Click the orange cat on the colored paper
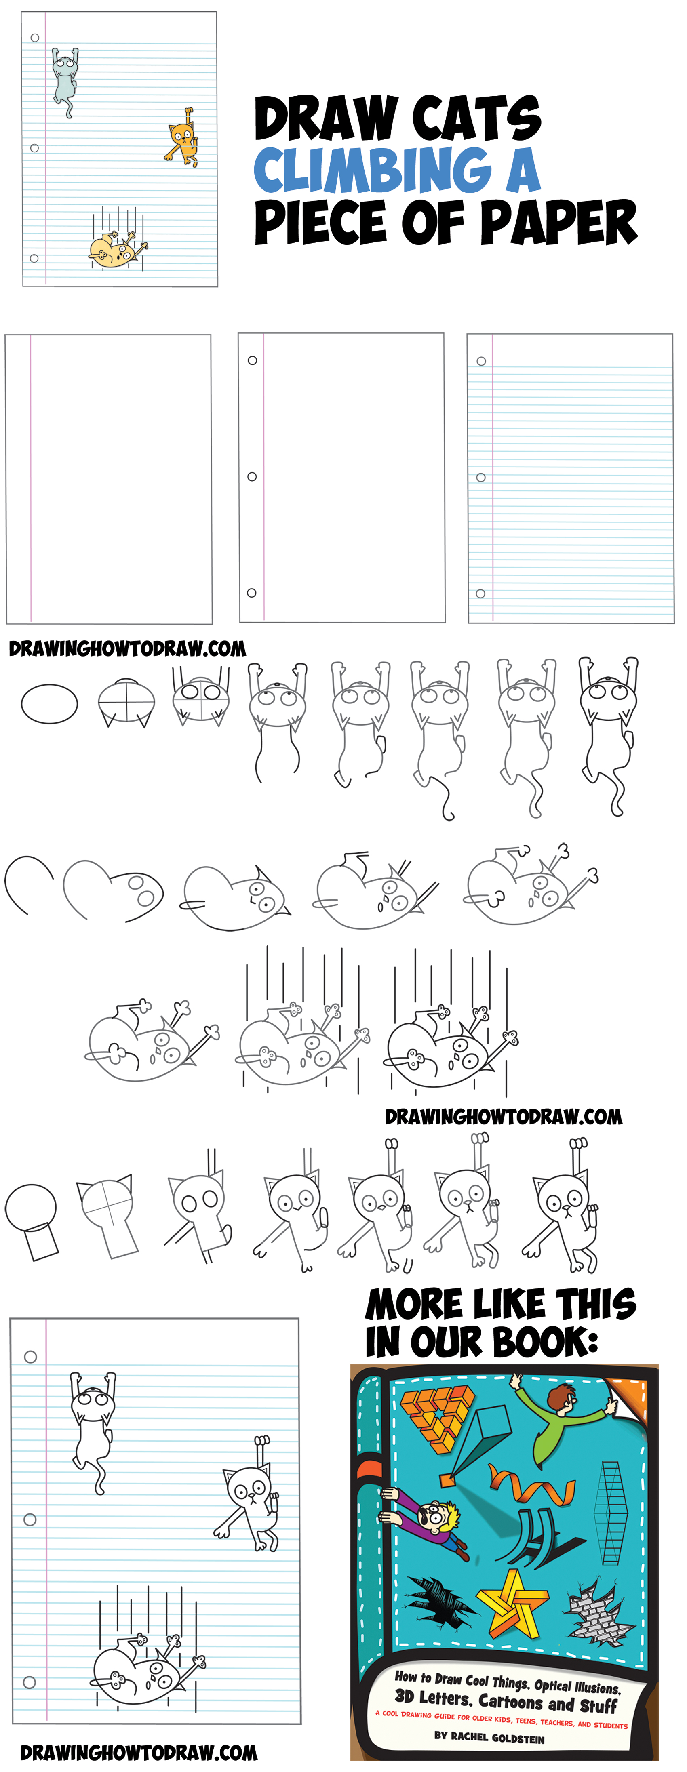[182, 137]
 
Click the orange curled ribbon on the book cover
[531, 1486]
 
